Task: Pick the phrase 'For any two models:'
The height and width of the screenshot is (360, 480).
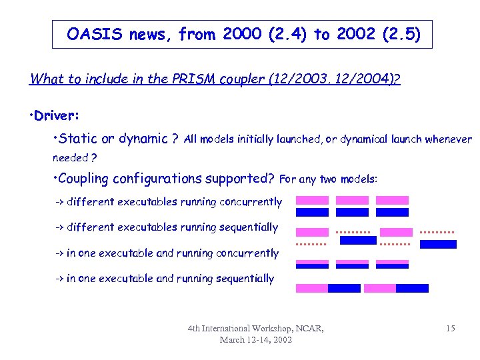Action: point(329,179)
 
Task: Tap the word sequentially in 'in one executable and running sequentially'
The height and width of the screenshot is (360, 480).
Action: point(243,279)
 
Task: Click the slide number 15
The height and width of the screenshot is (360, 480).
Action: point(451,329)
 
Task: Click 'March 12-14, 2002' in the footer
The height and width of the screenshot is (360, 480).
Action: point(256,340)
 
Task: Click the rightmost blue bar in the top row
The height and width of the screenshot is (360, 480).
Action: point(392,213)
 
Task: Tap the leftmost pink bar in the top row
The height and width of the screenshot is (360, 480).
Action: point(312,200)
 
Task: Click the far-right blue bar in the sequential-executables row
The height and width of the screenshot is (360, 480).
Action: point(438,244)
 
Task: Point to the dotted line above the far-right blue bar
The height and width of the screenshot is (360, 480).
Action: point(438,233)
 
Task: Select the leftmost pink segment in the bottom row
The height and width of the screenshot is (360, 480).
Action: point(312,289)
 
